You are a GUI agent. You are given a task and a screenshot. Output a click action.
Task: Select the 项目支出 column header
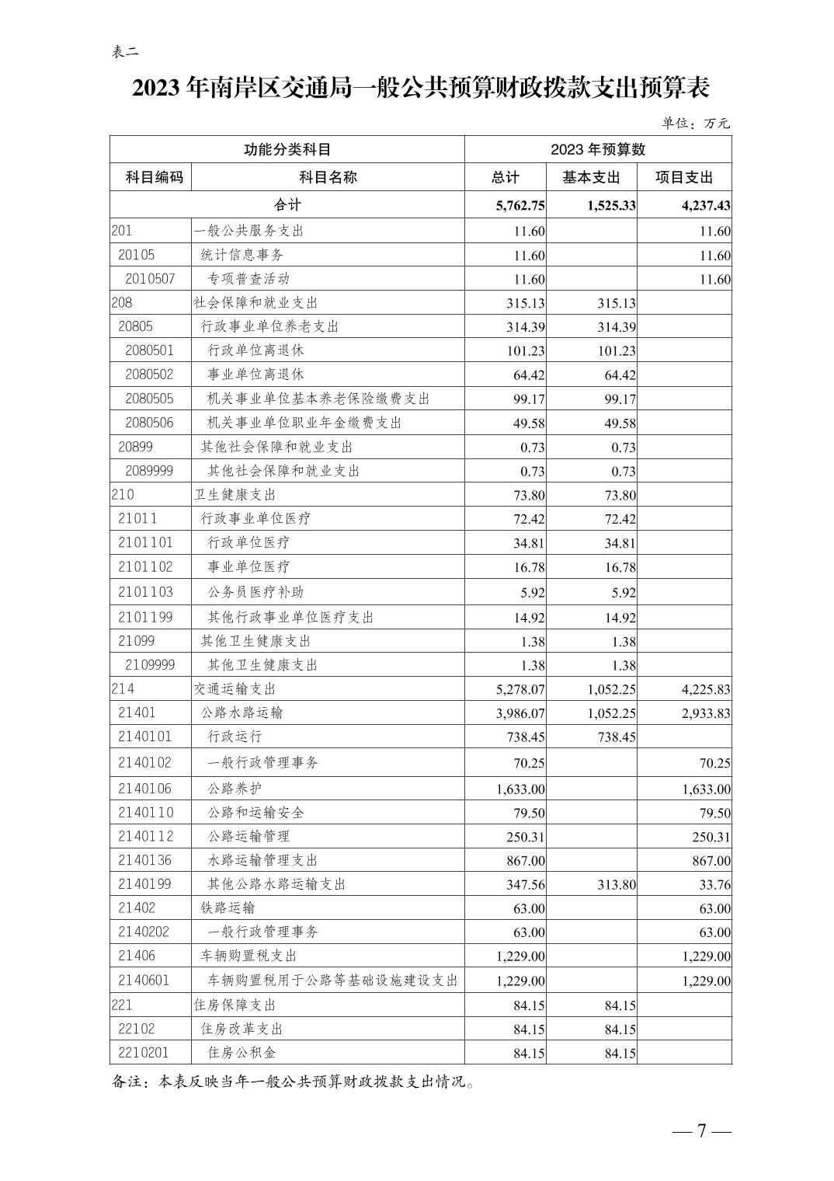(683, 177)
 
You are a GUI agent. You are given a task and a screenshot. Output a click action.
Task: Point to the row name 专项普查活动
(248, 278)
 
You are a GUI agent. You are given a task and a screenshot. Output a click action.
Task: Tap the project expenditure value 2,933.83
(706, 713)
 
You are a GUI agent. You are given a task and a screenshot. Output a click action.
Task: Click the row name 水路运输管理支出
(262, 860)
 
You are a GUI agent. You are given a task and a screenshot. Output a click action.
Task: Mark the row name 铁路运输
(228, 908)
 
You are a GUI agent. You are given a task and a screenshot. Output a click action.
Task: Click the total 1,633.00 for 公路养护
(520, 789)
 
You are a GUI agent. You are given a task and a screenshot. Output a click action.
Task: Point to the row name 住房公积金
(242, 1053)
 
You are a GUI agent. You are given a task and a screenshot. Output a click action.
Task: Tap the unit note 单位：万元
(696, 123)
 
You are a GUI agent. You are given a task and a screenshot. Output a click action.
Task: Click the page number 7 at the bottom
(701, 1130)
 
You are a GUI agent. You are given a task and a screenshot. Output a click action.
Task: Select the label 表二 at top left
(125, 52)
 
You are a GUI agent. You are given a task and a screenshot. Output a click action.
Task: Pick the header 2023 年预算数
(598, 149)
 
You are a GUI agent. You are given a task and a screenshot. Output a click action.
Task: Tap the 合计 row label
(287, 205)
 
